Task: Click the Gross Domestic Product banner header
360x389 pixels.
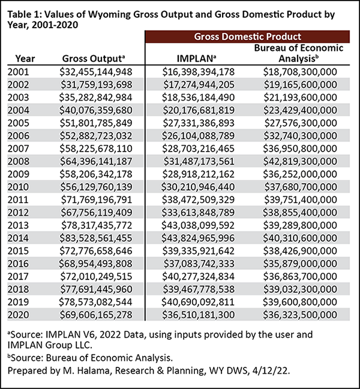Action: pos(248,37)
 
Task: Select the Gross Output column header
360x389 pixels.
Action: pos(94,59)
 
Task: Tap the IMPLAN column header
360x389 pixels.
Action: pos(196,59)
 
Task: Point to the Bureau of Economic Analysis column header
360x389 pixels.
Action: pos(299,53)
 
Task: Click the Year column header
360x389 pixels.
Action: pos(25,59)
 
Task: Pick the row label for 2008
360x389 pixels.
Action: pos(19,161)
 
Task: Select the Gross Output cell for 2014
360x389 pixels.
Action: pos(96,238)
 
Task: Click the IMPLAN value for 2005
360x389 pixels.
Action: pos(199,123)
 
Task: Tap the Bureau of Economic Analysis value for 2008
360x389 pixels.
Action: pos(300,161)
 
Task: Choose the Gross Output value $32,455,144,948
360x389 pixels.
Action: pos(96,72)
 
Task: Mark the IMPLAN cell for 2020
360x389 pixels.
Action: pos(199,315)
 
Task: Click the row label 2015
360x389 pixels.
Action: pos(19,251)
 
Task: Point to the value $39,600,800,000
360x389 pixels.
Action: pos(300,302)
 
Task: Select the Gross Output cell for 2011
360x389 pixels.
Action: pos(97,200)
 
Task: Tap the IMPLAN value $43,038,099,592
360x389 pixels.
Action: pos(198,225)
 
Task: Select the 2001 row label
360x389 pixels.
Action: pos(19,72)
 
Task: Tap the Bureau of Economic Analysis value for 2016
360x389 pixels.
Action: pos(300,264)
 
